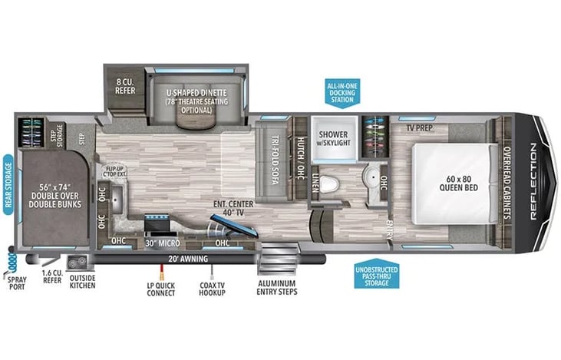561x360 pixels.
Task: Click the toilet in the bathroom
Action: click(328, 185)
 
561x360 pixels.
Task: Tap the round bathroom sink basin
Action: click(372, 177)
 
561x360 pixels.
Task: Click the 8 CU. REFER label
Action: click(125, 86)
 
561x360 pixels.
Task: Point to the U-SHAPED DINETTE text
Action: click(196, 93)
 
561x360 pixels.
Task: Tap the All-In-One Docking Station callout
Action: click(342, 93)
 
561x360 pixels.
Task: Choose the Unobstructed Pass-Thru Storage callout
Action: click(377, 274)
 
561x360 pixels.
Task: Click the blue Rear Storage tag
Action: click(8, 185)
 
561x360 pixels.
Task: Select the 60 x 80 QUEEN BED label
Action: click(459, 183)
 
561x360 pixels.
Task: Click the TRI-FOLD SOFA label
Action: click(275, 160)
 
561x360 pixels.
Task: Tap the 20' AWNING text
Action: click(188, 259)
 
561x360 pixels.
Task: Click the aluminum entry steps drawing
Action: click(278, 259)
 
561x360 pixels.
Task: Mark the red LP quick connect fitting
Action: click(162, 272)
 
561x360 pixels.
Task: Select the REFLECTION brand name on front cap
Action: click(534, 181)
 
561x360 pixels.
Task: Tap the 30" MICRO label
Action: click(163, 243)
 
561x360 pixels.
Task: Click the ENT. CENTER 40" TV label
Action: click(233, 208)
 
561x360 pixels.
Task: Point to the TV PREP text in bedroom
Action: click(419, 127)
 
